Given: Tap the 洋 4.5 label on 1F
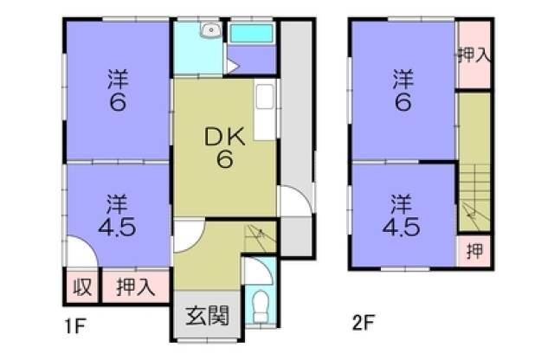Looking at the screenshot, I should (x=118, y=217).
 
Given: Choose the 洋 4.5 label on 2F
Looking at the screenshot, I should (x=402, y=217).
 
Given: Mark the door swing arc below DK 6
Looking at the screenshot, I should (x=189, y=235).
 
